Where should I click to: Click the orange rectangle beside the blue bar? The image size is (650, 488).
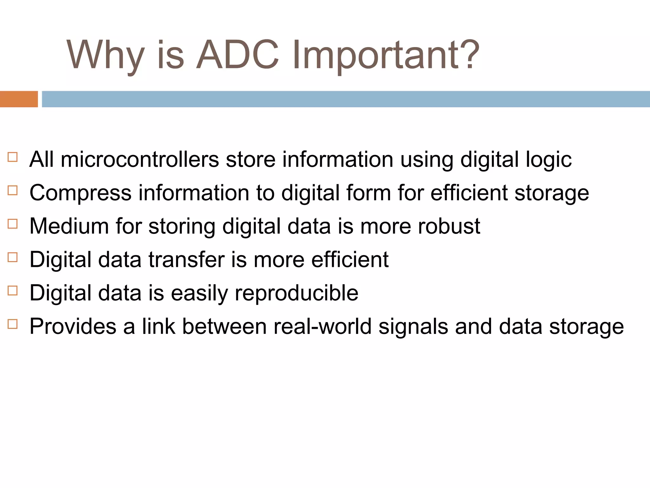coord(19,99)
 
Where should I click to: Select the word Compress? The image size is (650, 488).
coord(80,193)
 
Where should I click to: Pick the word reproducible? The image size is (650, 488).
coord(296,293)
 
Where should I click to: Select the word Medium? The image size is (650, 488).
coord(69,226)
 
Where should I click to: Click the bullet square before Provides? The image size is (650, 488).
coord(12,324)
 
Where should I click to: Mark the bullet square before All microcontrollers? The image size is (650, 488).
coord(12,157)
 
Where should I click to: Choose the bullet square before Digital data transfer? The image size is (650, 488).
coord(12,257)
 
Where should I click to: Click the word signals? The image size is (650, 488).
coord(413,327)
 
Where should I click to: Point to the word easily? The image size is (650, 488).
coord(199,293)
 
